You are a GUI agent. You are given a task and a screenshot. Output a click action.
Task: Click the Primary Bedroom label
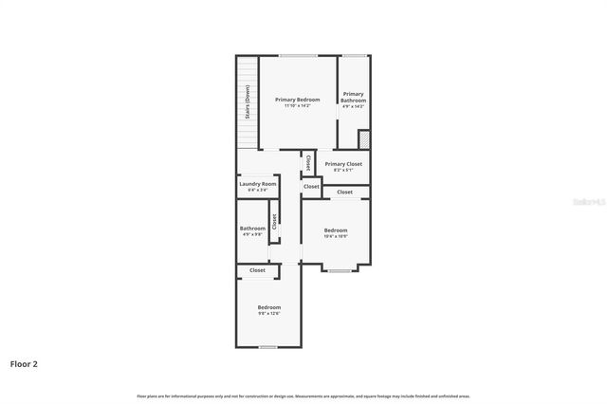point(298,100)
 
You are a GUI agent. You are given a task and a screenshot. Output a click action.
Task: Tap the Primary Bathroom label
point(354,97)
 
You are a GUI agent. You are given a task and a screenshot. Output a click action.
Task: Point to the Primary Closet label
point(343,164)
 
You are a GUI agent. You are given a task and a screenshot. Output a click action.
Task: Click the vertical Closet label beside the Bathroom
point(274,223)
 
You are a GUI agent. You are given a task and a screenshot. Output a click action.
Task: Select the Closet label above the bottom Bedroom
point(258,270)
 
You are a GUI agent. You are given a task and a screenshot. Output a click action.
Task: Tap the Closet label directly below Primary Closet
point(344,192)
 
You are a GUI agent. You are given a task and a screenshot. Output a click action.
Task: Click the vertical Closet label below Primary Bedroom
point(308,164)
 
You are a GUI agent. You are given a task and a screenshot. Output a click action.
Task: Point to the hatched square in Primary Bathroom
point(363,139)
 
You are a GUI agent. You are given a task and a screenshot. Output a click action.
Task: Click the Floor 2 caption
point(24,363)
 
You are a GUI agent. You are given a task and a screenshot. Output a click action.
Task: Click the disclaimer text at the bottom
point(303,395)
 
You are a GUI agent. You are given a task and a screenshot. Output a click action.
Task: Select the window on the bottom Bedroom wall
point(268,347)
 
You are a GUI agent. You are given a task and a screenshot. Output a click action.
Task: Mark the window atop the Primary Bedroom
point(298,56)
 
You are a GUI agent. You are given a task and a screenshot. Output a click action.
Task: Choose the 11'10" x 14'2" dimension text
point(298,105)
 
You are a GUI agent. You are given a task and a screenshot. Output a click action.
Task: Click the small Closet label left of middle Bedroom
point(311,186)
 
